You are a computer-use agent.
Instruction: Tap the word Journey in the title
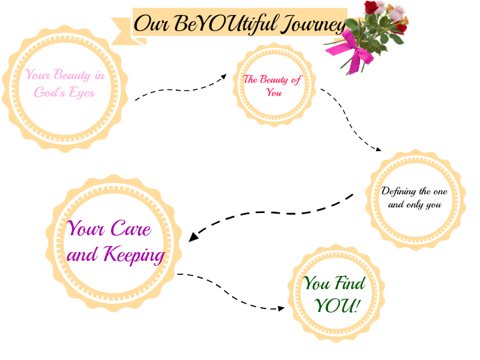tap(313, 24)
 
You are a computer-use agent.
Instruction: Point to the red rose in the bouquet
tap(373, 7)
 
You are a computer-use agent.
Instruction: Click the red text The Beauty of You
tap(274, 85)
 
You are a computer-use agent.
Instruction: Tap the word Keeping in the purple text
tap(134, 254)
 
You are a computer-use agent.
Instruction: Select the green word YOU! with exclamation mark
tap(337, 306)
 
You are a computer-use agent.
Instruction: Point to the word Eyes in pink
tap(82, 94)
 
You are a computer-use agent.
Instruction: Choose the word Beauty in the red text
tap(273, 79)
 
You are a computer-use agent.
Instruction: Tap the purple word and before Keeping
tap(84, 255)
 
